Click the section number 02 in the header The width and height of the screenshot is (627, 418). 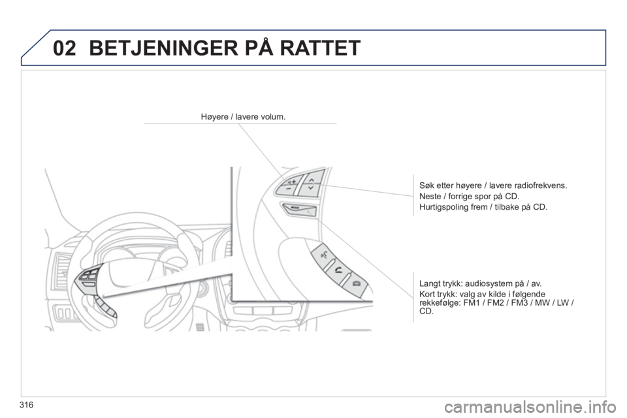click(64, 48)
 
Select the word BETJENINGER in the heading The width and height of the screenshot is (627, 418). click(163, 48)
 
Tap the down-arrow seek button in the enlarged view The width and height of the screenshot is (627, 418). click(309, 188)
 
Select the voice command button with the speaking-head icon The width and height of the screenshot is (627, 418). click(323, 253)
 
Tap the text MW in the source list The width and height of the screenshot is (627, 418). click(542, 302)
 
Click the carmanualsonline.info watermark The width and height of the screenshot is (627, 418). click(534, 408)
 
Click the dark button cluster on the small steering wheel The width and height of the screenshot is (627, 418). click(89, 277)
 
